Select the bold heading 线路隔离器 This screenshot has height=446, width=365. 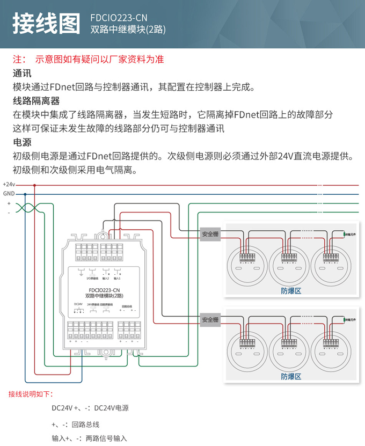[36, 101]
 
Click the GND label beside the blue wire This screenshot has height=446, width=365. [9, 194]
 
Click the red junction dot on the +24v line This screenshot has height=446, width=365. [35, 185]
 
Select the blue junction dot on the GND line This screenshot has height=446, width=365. [25, 194]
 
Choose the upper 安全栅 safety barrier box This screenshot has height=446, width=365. [210, 235]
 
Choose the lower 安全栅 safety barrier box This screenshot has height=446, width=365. [210, 319]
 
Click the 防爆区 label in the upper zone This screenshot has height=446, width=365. [291, 290]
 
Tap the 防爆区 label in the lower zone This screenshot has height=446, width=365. [291, 376]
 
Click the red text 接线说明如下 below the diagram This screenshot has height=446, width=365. [31, 394]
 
